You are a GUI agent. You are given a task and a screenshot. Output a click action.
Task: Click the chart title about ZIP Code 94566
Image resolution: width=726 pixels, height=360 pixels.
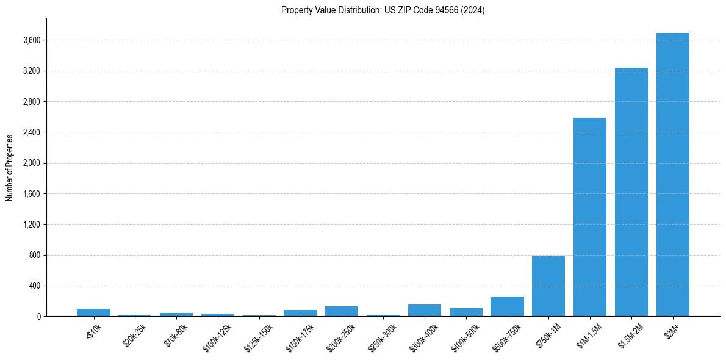click(383, 10)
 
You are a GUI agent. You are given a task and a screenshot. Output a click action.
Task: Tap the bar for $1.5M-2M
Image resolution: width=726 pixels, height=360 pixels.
click(631, 192)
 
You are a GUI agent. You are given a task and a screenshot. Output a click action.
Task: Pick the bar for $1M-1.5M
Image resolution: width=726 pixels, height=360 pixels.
click(589, 217)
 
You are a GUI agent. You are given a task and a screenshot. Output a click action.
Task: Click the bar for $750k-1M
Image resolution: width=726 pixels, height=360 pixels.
click(548, 286)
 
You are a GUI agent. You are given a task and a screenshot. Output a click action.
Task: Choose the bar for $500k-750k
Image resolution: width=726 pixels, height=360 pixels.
click(507, 306)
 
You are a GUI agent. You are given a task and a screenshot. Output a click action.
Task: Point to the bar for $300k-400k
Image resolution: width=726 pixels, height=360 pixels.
click(424, 310)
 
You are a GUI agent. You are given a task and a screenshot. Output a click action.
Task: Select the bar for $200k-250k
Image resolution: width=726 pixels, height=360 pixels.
click(342, 311)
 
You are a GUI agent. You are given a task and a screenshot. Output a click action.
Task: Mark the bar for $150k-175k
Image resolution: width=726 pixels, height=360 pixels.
click(300, 313)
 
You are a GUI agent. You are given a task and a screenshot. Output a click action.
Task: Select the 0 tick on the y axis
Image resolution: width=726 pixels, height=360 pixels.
click(39, 316)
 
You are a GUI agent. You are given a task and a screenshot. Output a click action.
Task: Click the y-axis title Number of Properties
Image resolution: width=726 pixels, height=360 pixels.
click(10, 168)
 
